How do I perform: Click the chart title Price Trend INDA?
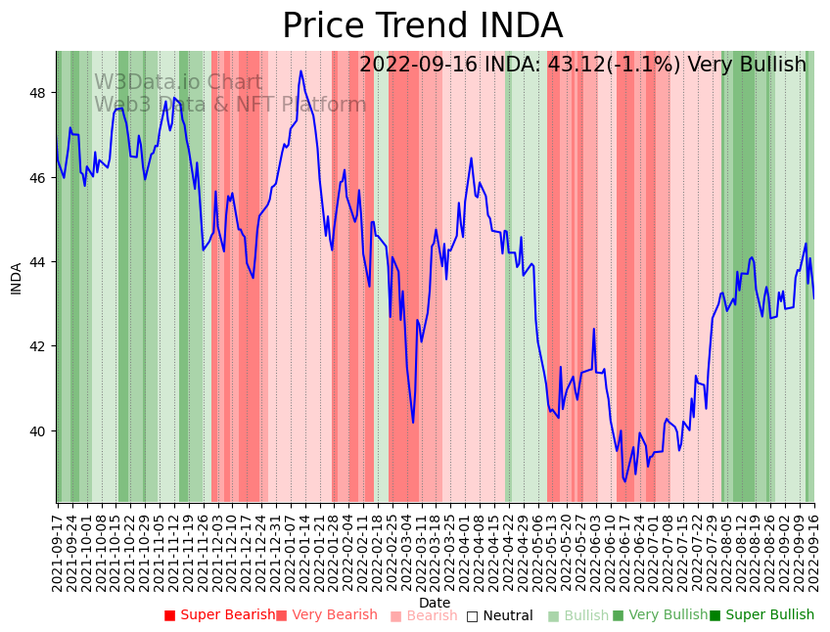tap(422, 26)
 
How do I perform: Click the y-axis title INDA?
tap(16, 278)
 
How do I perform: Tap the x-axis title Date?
tap(435, 603)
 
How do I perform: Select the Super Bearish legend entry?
tap(219, 615)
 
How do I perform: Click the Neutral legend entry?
tap(499, 615)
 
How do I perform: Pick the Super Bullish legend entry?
tap(761, 615)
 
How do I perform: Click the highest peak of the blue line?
tap(300, 70)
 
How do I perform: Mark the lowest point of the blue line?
tap(625, 481)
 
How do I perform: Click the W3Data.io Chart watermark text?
tap(178, 83)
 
